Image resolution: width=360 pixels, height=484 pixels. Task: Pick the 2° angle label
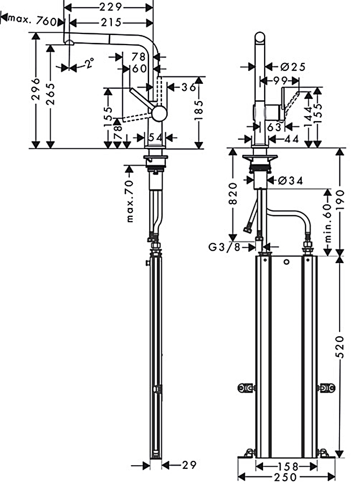point(89,65)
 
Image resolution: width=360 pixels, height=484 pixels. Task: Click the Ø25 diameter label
point(293,67)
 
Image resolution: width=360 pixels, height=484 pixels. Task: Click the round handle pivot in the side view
point(159,113)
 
